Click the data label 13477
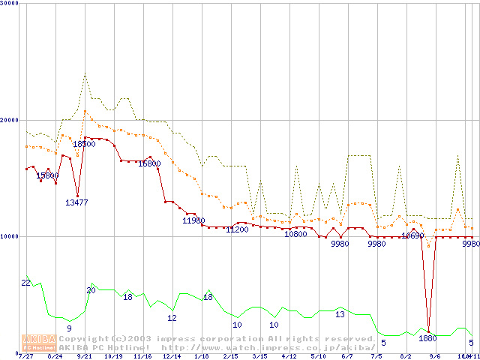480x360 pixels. click(76, 202)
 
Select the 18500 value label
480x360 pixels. click(84, 144)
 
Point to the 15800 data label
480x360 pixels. click(47, 175)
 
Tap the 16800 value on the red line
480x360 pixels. click(148, 163)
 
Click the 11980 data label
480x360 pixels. click(193, 220)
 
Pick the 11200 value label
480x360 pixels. click(237, 229)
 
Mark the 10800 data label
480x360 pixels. click(295, 234)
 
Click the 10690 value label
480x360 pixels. click(412, 235)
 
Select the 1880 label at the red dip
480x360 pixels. click(427, 338)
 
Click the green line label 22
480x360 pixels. click(25, 283)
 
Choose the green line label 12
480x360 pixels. click(172, 318)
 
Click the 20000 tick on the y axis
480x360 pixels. click(10, 120)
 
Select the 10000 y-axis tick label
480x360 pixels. click(10, 236)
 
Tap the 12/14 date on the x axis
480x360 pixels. click(172, 356)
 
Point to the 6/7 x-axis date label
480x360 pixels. click(347, 356)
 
